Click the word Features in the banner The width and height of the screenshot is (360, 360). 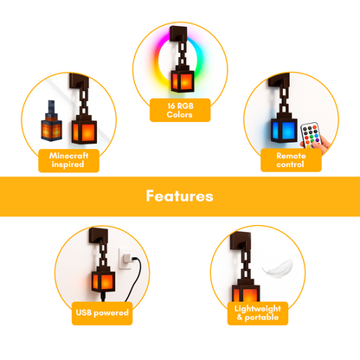pos(179,196)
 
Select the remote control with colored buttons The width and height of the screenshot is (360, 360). pos(310,135)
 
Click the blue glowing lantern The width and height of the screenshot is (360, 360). pos(284,127)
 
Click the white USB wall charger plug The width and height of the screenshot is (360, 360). pos(126,259)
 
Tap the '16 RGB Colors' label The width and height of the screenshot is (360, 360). pos(180,110)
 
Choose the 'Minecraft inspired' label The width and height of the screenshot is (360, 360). pos(68,160)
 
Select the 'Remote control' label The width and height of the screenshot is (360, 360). pos(291,160)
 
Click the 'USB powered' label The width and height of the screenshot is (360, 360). pos(102,313)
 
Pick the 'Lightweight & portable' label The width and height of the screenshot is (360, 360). pos(258,313)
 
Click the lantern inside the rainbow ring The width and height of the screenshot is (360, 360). pos(183,79)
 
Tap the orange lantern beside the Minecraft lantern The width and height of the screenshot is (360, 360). pos(84,129)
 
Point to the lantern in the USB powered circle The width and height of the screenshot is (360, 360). pos(103,279)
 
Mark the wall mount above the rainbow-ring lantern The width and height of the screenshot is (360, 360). pos(179,35)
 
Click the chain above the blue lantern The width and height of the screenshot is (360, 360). pos(284,99)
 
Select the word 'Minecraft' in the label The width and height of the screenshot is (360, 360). pos(69,156)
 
